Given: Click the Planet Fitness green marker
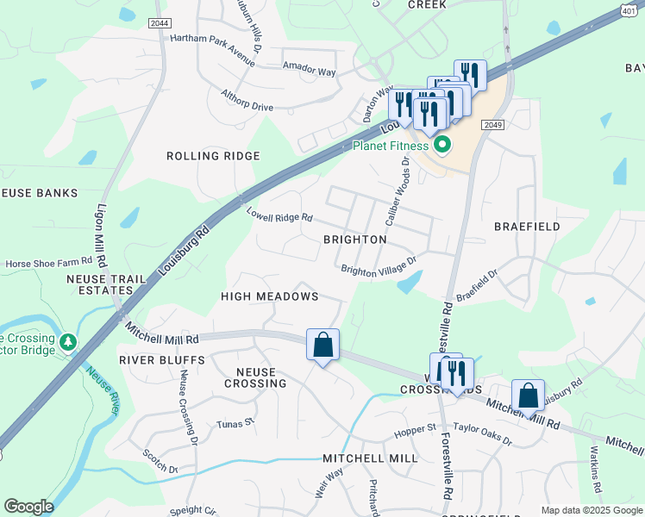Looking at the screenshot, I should tap(443, 145).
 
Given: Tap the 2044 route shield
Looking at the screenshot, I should tap(159, 23).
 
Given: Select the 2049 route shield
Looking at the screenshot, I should tap(493, 125).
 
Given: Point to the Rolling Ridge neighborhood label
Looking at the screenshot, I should tap(213, 156).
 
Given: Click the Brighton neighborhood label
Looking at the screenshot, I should tap(354, 239).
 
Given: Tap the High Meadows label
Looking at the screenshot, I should tap(270, 296).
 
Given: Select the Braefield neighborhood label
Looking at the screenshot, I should tap(527, 227).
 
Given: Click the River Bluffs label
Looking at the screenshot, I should tap(162, 359).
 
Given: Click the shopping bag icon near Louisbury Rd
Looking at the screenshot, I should tap(528, 396).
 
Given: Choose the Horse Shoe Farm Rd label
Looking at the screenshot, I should tap(49, 262).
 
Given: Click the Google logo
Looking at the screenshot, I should tap(28, 507).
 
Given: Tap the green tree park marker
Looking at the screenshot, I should tap(68, 342).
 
